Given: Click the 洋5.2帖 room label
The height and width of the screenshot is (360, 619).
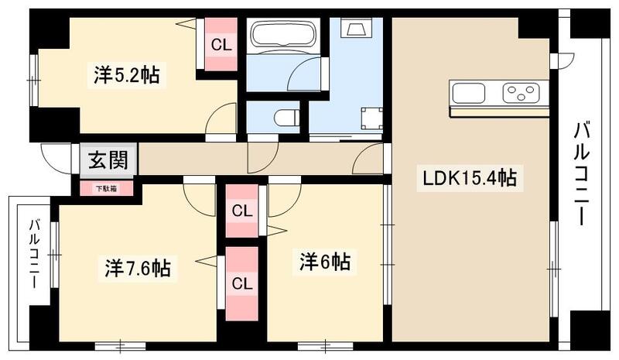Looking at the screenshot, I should coord(127,75).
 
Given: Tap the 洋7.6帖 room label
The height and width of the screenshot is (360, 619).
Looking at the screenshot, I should coord(138,268).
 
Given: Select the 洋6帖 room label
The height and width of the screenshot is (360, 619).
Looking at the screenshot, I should coord(325,262).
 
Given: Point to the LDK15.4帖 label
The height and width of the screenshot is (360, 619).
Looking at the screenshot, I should coord(469,179).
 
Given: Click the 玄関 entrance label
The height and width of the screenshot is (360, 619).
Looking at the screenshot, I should coord(108,162).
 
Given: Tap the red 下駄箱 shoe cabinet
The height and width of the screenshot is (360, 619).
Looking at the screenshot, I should coord(106,188).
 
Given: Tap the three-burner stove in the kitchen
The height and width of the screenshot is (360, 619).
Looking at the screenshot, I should coord(520,94).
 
